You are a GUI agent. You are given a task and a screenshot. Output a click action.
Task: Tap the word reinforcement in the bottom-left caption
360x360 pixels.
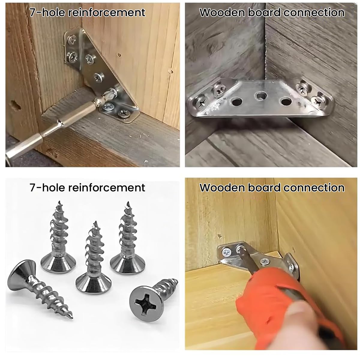tap(106, 187)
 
